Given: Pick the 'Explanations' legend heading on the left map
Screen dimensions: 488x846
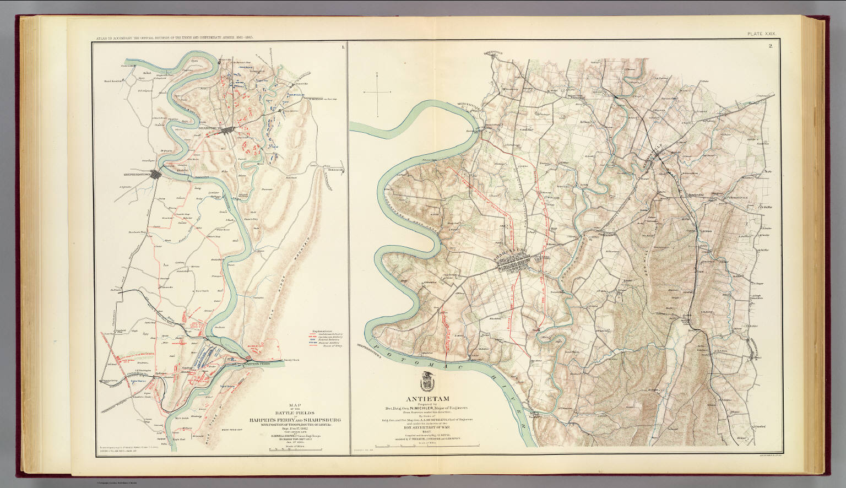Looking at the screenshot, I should tap(322, 330).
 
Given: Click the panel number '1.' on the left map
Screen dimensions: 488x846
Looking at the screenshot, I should tap(343, 47).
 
